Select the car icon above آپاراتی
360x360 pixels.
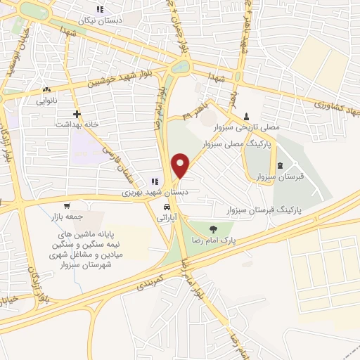pyautogui.click(x=166, y=208)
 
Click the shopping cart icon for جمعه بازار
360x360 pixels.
pyautogui.click(x=67, y=207)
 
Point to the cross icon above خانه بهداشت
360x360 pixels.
pyautogui.click(x=77, y=113)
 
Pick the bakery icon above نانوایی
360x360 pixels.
pyautogui.click(x=46, y=90)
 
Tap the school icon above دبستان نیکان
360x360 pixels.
pyautogui.click(x=100, y=9)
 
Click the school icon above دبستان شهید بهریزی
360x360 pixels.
pyautogui.click(x=155, y=181)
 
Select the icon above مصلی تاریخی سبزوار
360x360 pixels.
pyautogui.click(x=246, y=117)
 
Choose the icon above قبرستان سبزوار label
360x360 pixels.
pyautogui.click(x=281, y=166)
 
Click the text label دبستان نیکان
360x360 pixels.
pyautogui.click(x=101, y=20)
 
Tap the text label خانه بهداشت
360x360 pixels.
pyautogui.click(x=76, y=124)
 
